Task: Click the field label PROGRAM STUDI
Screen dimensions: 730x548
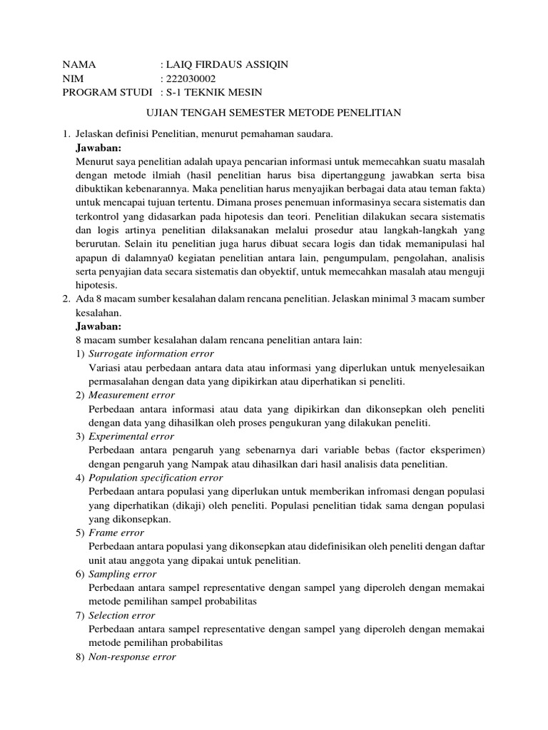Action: [108, 92]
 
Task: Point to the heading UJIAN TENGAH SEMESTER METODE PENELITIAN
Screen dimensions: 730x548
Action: [274, 113]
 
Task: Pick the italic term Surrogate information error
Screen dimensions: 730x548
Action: [151, 354]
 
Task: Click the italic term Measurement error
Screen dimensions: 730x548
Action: [132, 395]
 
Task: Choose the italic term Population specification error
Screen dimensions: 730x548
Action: [156, 477]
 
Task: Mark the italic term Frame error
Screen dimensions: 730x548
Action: [116, 532]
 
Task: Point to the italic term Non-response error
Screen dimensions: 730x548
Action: [132, 656]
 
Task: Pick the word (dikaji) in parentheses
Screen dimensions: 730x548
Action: [188, 505]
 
